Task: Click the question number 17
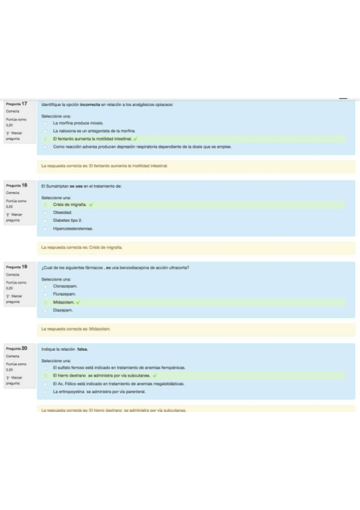tap(25, 104)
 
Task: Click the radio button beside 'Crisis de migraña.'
tap(46, 204)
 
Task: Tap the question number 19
tap(25, 266)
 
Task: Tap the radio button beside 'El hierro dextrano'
tap(46, 375)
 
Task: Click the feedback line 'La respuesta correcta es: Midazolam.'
tap(76, 329)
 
